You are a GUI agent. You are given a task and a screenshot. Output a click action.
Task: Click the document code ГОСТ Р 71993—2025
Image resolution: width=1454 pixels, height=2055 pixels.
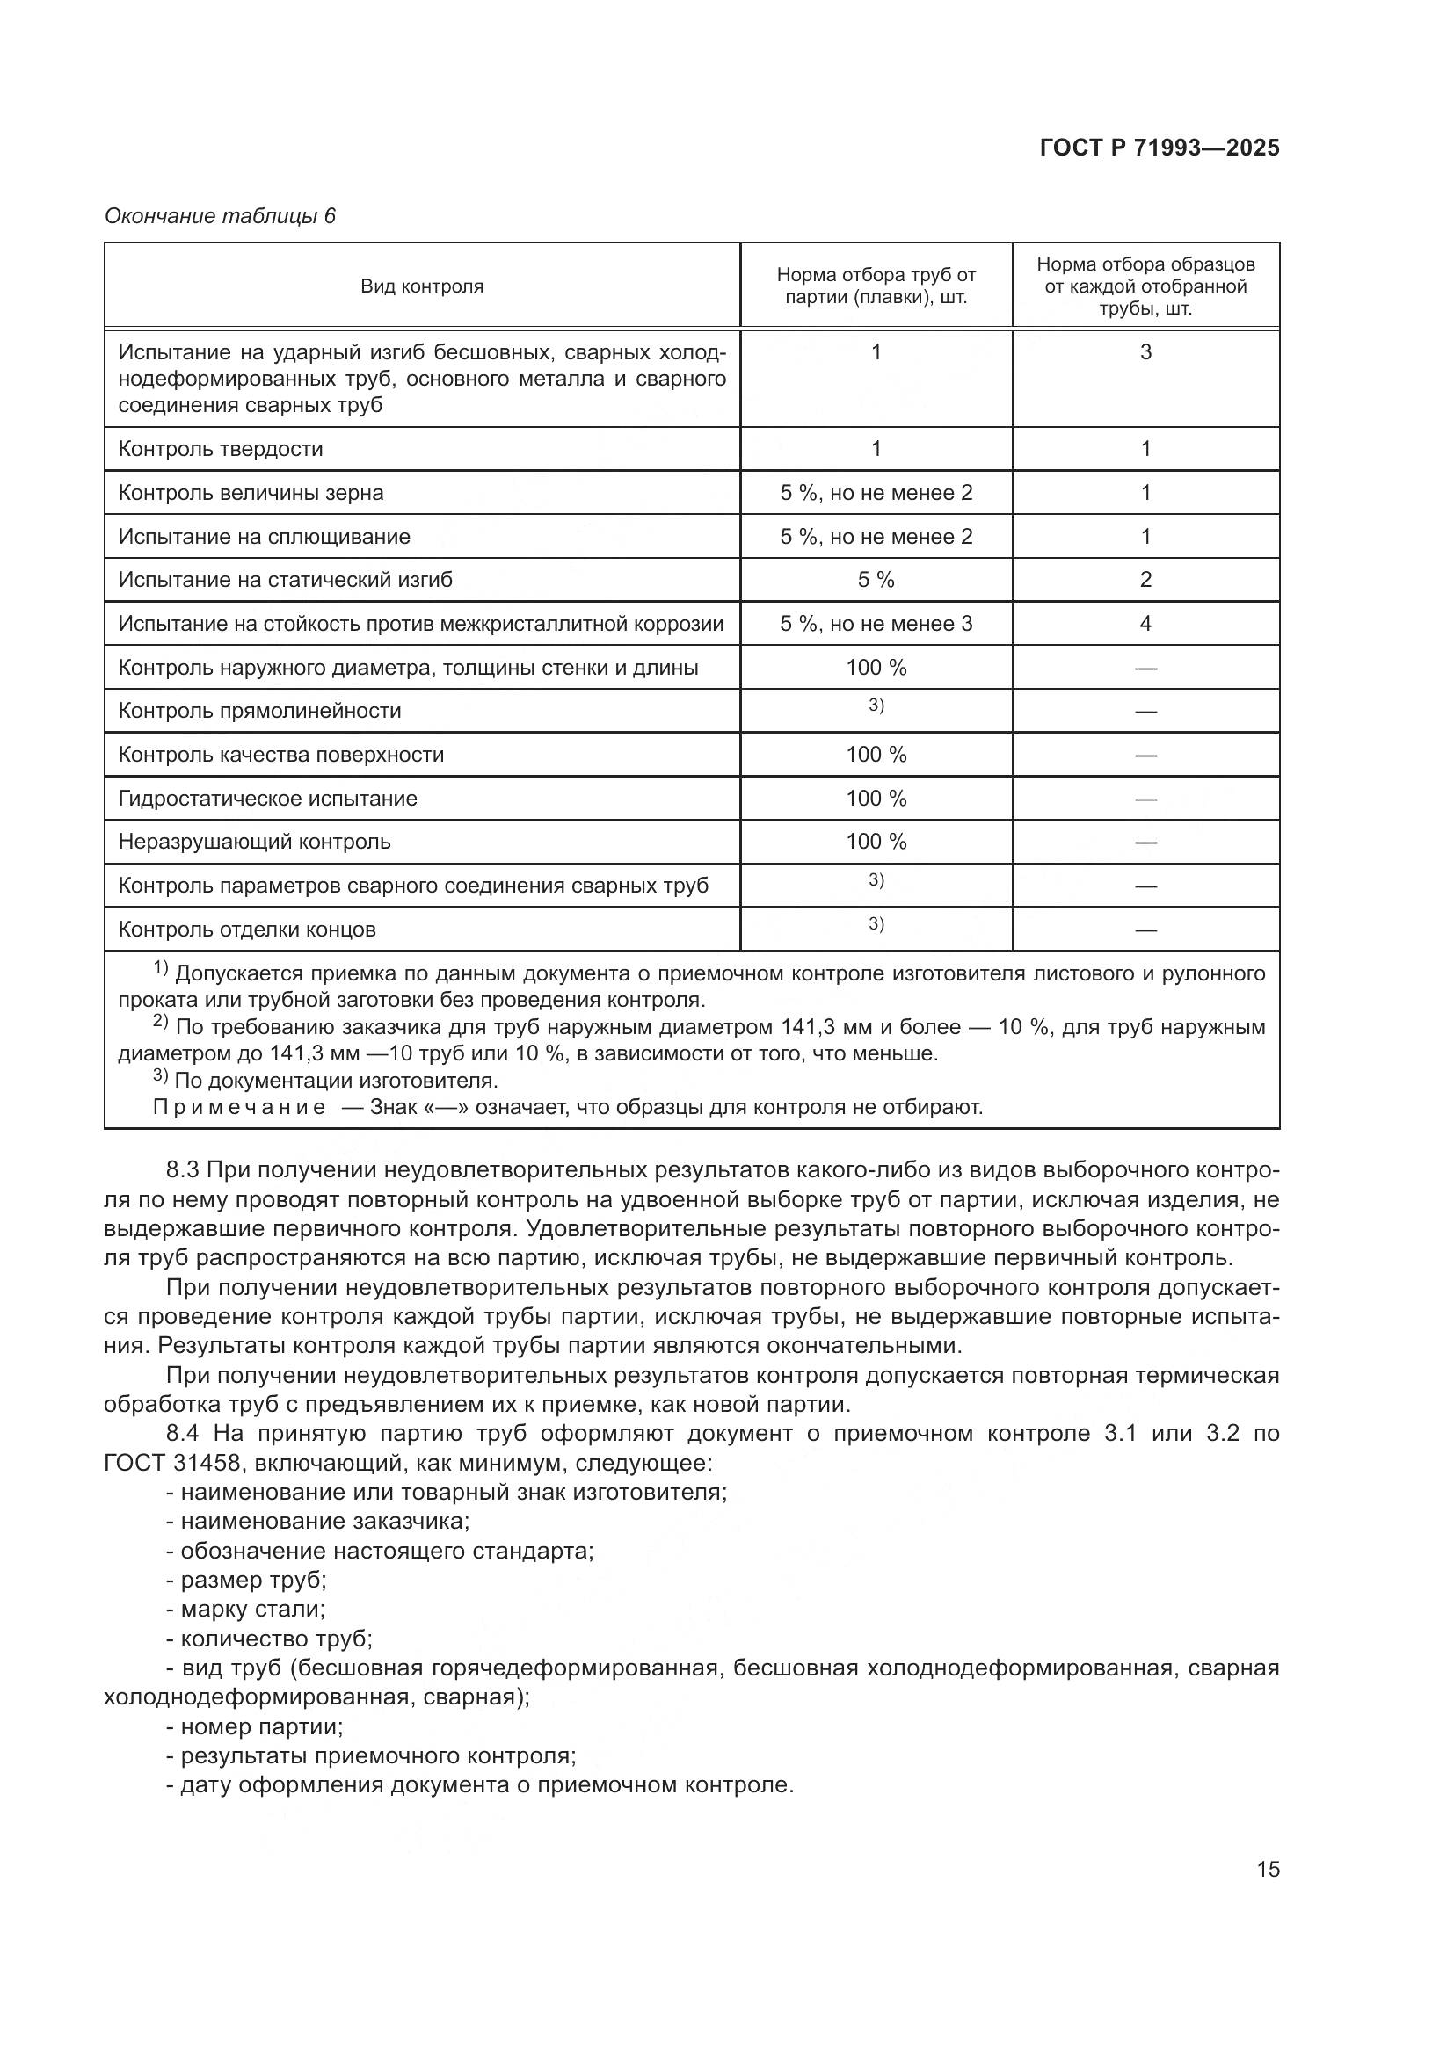pyautogui.click(x=1159, y=148)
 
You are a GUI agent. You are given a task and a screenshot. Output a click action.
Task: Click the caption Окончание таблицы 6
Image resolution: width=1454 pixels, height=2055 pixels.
pyautogui.click(x=220, y=217)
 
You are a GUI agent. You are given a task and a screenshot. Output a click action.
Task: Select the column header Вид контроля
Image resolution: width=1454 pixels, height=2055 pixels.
pyautogui.click(x=422, y=286)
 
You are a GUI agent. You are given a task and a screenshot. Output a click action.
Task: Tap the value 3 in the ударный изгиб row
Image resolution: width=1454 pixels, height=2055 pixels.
pyautogui.click(x=1145, y=352)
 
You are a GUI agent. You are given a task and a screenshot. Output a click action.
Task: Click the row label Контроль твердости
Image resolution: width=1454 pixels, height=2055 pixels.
pyautogui.click(x=221, y=449)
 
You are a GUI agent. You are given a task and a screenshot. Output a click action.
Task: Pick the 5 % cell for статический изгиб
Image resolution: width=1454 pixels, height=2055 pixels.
pyautogui.click(x=876, y=580)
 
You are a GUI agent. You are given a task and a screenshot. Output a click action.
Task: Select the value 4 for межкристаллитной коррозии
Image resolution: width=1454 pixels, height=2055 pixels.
pyautogui.click(x=1145, y=624)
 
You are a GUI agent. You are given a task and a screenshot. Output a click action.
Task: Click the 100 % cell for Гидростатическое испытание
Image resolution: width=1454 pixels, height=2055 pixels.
pyautogui.click(x=876, y=799)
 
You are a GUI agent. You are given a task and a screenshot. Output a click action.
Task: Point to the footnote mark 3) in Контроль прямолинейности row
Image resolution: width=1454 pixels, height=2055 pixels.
pyautogui.click(x=876, y=706)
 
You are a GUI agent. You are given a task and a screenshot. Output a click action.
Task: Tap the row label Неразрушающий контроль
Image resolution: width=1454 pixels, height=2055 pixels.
pyautogui.click(x=254, y=843)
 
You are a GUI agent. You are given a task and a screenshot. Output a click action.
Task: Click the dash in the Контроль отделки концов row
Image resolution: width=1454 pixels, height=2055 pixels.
pyautogui.click(x=1145, y=930)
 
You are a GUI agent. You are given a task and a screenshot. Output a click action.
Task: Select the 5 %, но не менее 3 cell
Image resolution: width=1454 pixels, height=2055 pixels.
pyautogui.click(x=876, y=624)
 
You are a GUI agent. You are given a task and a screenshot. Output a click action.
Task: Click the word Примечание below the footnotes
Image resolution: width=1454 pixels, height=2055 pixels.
pyautogui.click(x=239, y=1108)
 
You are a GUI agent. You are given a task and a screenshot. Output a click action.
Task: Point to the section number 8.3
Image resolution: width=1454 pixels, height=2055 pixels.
pyautogui.click(x=184, y=1170)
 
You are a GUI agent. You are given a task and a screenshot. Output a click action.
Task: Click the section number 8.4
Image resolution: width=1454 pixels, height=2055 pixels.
pyautogui.click(x=184, y=1434)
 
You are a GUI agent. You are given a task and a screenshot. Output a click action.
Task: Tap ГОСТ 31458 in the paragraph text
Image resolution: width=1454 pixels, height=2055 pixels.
pyautogui.click(x=172, y=1464)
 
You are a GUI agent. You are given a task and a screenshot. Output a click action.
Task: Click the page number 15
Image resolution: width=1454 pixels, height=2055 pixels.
pyautogui.click(x=1268, y=1870)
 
